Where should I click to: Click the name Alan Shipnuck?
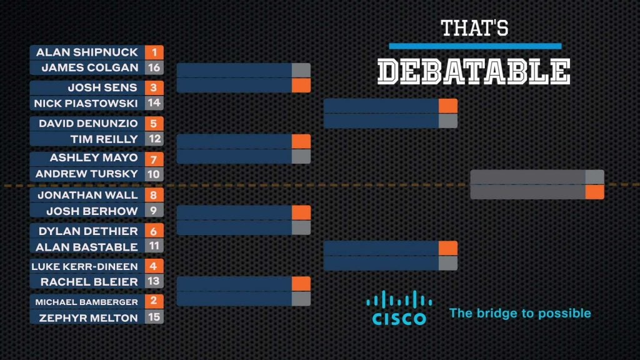click(87, 52)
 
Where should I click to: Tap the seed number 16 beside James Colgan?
click(154, 67)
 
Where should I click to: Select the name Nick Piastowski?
click(86, 103)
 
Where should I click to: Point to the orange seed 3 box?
click(154, 87)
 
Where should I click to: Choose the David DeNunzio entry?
click(88, 123)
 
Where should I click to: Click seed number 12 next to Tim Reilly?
click(154, 139)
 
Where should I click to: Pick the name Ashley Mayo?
click(94, 157)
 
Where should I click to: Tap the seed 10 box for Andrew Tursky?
click(154, 174)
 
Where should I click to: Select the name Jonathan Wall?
click(87, 195)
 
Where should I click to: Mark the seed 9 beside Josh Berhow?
click(154, 210)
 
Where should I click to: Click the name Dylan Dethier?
click(88, 231)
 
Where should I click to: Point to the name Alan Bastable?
click(86, 247)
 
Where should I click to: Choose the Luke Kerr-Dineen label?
click(84, 266)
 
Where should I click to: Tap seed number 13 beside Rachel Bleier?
click(154, 281)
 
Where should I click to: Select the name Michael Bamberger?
click(86, 302)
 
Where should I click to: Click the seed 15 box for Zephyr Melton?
click(154, 317)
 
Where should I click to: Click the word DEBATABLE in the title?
click(474, 71)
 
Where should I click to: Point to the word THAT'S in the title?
click(475, 28)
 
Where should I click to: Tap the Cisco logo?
click(399, 307)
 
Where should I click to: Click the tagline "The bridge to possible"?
click(520, 313)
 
